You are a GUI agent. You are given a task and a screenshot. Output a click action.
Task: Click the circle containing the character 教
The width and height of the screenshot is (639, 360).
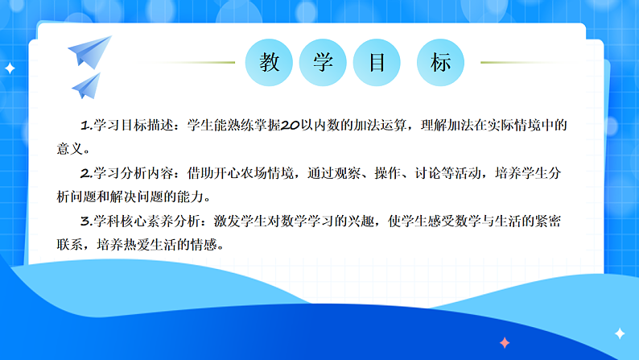pyautogui.click(x=270, y=62)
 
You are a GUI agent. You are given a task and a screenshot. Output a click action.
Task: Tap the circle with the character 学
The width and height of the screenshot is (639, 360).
pyautogui.click(x=324, y=62)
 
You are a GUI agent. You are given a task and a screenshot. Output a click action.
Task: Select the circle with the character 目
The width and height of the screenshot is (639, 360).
pyautogui.click(x=378, y=62)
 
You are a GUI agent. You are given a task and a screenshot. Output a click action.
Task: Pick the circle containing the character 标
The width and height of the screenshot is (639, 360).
pyautogui.click(x=441, y=62)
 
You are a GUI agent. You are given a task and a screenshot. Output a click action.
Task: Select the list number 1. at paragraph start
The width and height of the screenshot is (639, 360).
pyautogui.click(x=87, y=126)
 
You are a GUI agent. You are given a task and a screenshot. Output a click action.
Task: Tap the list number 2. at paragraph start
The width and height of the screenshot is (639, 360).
pyautogui.click(x=87, y=172)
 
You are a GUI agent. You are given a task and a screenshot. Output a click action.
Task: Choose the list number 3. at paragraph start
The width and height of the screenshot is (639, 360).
pyautogui.click(x=87, y=220)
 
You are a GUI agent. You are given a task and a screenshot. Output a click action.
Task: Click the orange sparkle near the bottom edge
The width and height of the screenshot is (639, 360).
pyautogui.click(x=505, y=342)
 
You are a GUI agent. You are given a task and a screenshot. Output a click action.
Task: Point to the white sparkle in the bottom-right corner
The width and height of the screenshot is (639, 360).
pyautogui.click(x=620, y=333)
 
